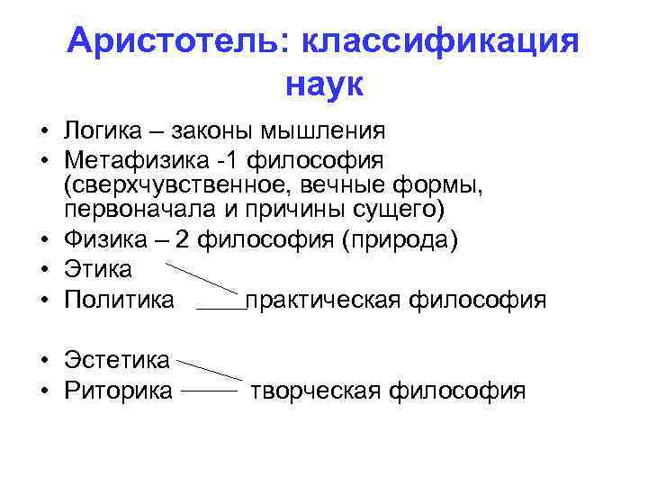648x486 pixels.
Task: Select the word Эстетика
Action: coord(117,360)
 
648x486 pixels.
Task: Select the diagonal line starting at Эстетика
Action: coord(210,369)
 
